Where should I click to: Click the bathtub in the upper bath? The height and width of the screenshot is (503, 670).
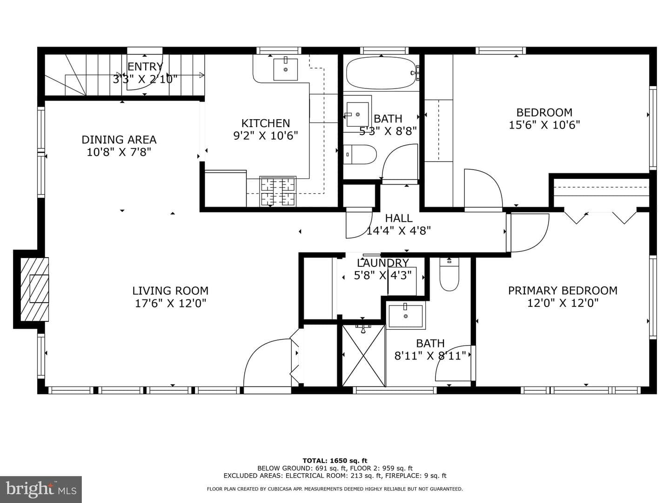tap(382, 73)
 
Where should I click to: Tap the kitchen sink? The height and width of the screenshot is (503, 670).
tap(285, 69)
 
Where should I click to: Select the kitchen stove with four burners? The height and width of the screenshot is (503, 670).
tap(277, 191)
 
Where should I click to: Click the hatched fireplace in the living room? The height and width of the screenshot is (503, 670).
tap(34, 289)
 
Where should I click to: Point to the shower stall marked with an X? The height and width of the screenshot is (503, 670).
tap(363, 356)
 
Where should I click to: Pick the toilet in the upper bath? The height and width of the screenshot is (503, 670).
tap(359, 154)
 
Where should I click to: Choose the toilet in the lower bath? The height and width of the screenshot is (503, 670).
tap(449, 274)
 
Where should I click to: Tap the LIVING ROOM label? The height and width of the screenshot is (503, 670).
tap(170, 291)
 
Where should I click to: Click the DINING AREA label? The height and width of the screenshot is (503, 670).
tap(119, 140)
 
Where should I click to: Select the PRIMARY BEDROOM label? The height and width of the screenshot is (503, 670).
tap(563, 291)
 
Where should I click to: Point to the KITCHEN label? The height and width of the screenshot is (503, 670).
tap(266, 123)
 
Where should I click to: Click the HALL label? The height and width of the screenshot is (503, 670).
tap(399, 218)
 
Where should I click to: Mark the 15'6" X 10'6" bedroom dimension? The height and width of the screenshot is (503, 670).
tap(544, 125)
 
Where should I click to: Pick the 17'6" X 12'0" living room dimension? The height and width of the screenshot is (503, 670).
tap(170, 303)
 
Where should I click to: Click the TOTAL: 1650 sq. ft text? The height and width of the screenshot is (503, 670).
tap(335, 461)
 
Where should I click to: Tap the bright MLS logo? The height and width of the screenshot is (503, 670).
tap(41, 489)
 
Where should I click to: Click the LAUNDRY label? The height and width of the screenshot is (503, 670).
tap(383, 263)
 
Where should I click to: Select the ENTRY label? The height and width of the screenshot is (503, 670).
tap(145, 67)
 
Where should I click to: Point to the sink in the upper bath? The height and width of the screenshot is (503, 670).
tap(357, 115)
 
